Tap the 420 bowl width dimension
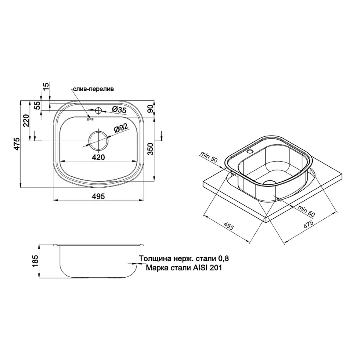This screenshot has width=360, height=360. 98,157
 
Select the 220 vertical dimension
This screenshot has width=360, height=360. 27,120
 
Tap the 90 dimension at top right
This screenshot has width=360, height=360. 151,109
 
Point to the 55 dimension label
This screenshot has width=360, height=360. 37,106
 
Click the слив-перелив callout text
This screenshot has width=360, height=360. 93,89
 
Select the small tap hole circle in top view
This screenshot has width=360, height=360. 98,110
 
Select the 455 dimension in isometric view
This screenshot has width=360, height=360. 228,228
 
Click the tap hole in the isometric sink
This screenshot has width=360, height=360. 250,152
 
